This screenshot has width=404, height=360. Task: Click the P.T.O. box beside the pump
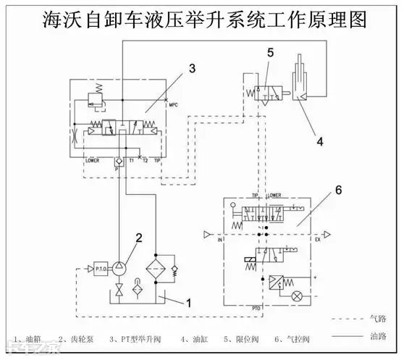pos(98,269)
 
